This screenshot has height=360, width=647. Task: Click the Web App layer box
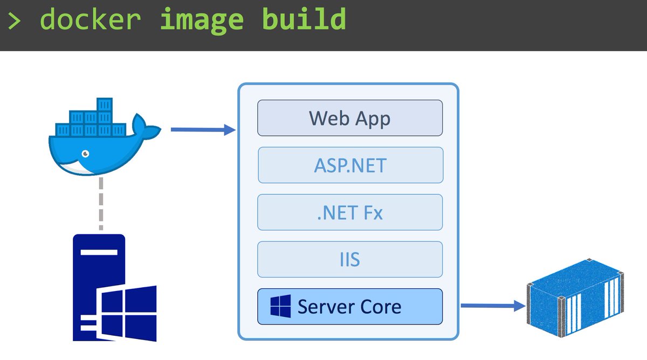[350, 118]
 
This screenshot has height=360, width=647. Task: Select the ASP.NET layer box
[350, 165]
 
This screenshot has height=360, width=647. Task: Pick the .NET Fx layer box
[350, 212]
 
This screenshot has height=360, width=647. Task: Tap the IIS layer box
[350, 260]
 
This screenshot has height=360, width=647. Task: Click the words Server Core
[349, 307]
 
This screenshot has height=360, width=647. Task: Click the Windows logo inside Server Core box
[280, 307]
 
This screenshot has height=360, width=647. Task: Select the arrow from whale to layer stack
[203, 130]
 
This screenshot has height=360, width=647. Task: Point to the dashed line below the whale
[100, 204]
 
